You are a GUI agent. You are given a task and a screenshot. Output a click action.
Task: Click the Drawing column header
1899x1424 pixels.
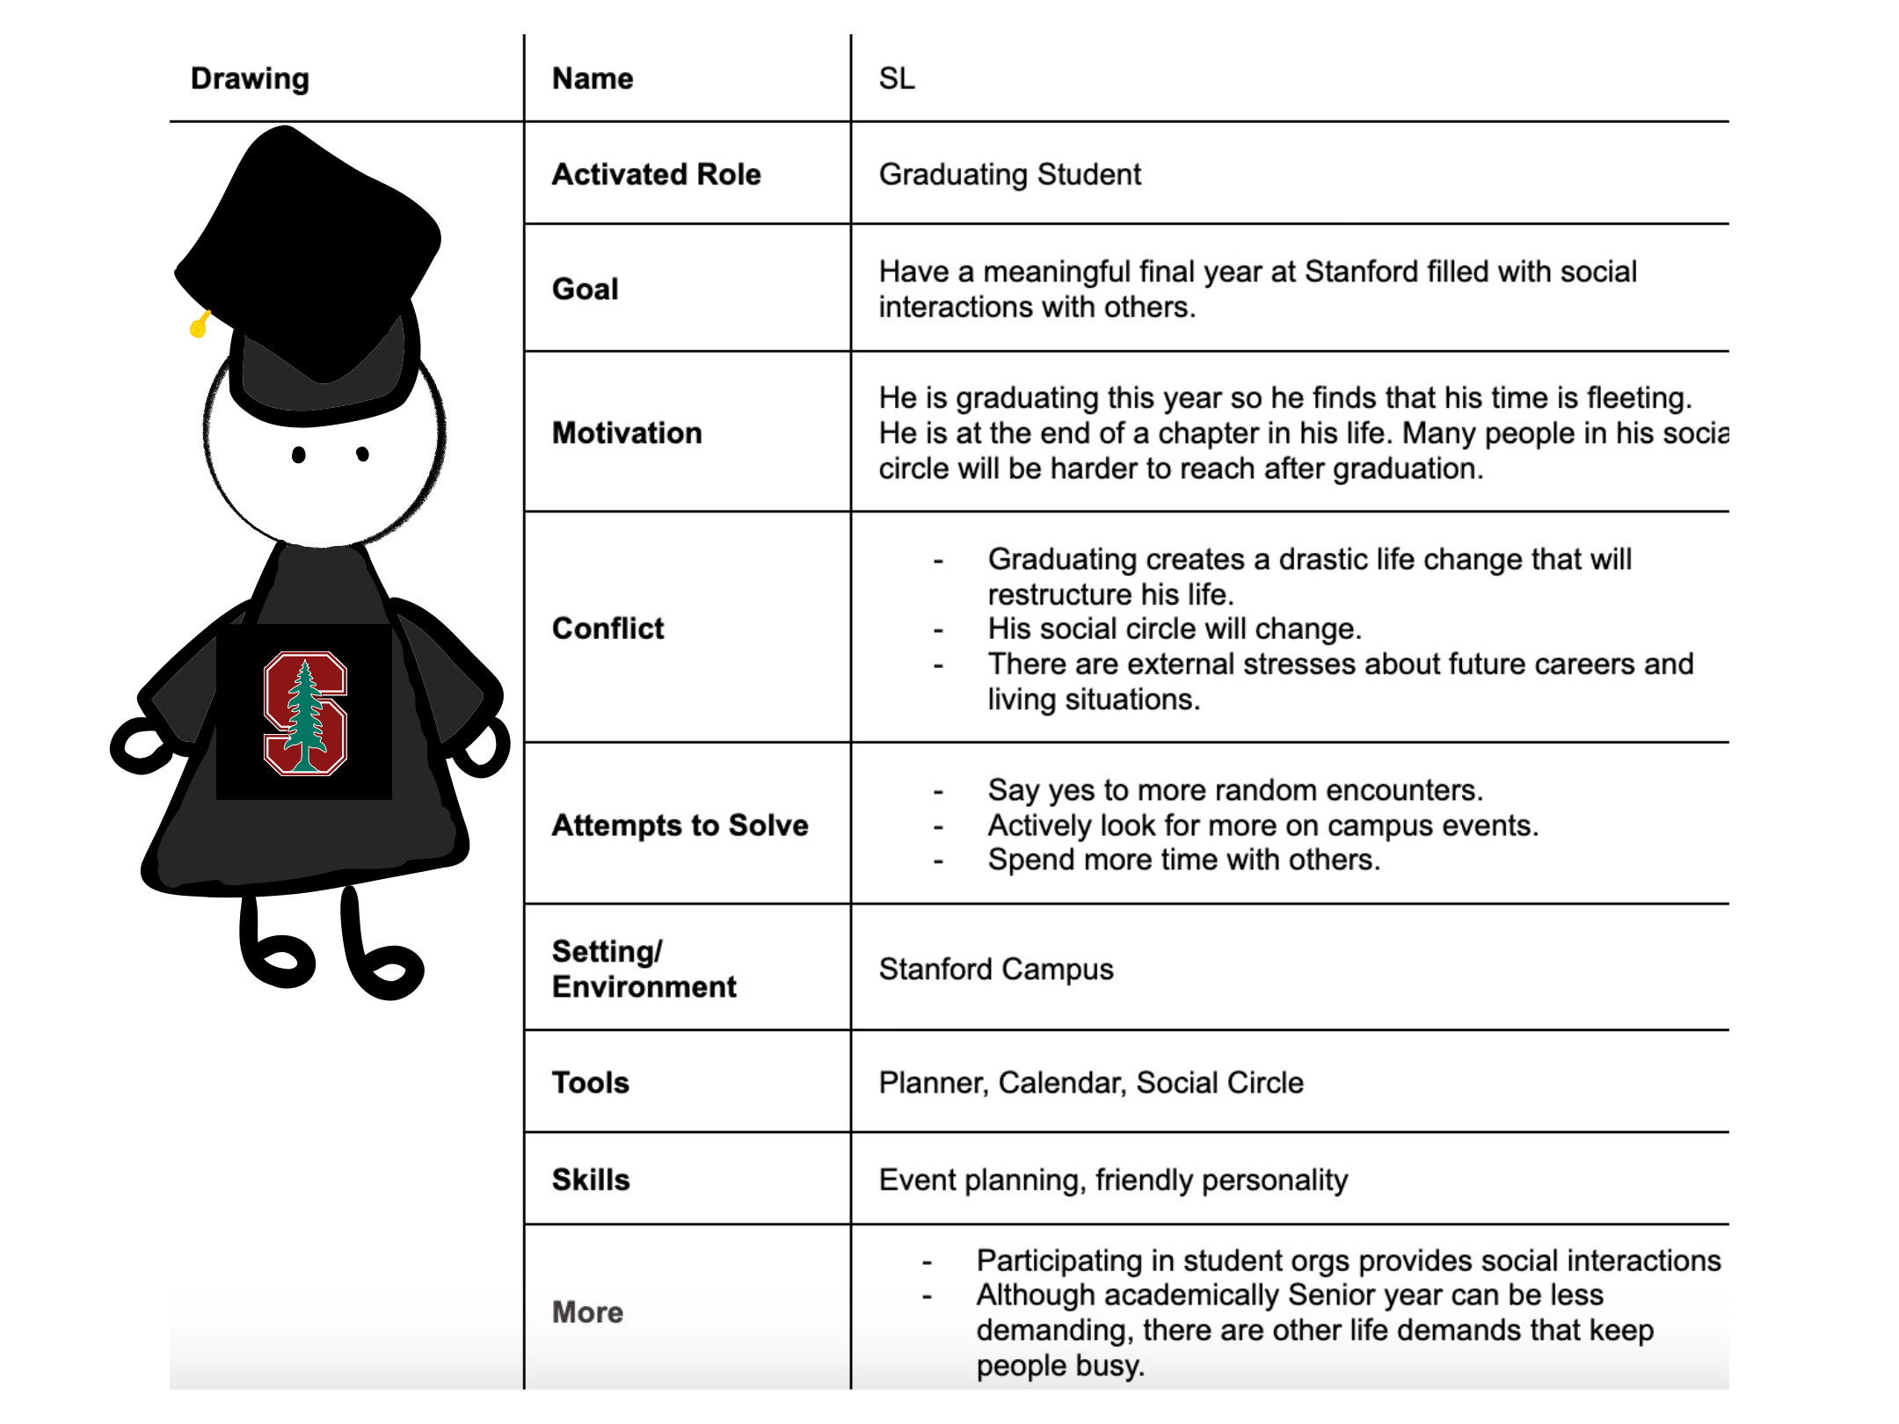pyautogui.click(x=250, y=78)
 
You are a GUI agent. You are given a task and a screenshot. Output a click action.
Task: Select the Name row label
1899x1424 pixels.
pyautogui.click(x=592, y=78)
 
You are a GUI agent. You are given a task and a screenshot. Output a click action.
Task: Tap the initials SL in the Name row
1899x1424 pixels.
pyautogui.click(x=896, y=78)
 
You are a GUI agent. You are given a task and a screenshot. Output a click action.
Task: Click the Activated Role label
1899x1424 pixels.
pyautogui.click(x=656, y=174)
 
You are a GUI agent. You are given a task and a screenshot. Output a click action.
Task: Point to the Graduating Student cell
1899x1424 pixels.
pyautogui.click(x=1009, y=174)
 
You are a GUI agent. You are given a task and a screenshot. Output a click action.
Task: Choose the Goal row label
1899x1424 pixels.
pyautogui.click(x=585, y=288)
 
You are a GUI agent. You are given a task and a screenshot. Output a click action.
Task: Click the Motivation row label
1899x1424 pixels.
pyautogui.click(x=626, y=432)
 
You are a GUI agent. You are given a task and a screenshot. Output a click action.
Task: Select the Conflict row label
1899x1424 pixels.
pyautogui.click(x=608, y=628)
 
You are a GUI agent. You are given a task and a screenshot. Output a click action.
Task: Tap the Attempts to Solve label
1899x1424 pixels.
pyautogui.click(x=680, y=825)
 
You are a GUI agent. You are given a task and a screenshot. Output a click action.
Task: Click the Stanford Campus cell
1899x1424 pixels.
pyautogui.click(x=995, y=969)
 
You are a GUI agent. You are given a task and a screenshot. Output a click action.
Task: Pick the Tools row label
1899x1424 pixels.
pyautogui.click(x=590, y=1082)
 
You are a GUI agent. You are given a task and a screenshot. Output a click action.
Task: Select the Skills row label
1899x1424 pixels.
pyautogui.click(x=590, y=1179)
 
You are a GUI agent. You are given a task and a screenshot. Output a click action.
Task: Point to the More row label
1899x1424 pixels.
pyautogui.click(x=587, y=1311)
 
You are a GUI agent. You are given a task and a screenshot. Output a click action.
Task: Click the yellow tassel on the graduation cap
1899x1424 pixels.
pyautogui.click(x=200, y=325)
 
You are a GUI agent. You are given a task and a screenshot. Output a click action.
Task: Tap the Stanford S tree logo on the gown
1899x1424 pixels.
pyautogui.click(x=305, y=714)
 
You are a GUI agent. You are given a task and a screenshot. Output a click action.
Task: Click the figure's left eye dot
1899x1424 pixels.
pyautogui.click(x=299, y=454)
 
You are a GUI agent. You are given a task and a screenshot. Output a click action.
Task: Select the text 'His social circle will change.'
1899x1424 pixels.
pyautogui.click(x=1174, y=628)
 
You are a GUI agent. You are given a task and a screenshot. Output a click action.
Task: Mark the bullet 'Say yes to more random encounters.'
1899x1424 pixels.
pyautogui.click(x=1234, y=789)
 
